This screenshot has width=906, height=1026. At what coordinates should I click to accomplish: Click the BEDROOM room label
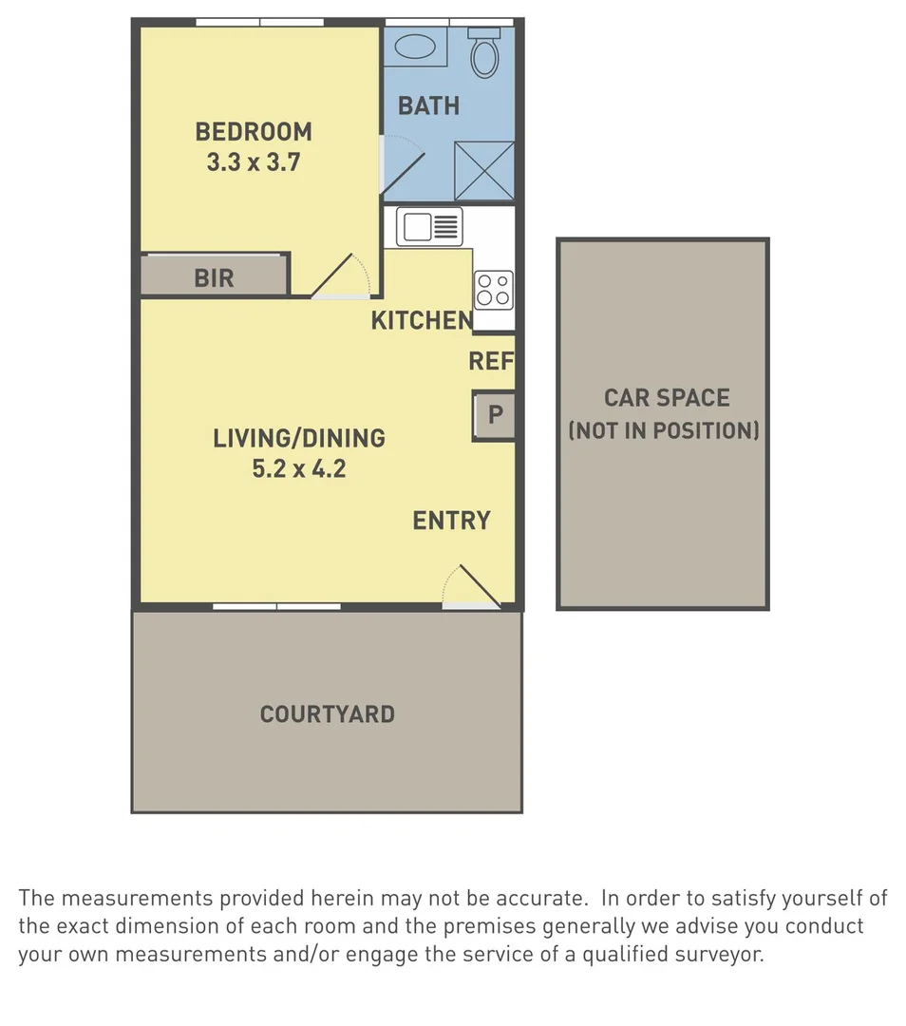[254, 131]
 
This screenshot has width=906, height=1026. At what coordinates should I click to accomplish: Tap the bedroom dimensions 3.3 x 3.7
[254, 162]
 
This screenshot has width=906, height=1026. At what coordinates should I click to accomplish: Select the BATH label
[428, 105]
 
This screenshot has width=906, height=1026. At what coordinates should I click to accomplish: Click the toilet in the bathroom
[484, 54]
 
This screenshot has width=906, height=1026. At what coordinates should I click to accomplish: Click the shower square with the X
[484, 171]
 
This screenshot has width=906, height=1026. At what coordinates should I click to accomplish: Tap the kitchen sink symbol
[428, 227]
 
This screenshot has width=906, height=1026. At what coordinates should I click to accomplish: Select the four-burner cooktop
[494, 289]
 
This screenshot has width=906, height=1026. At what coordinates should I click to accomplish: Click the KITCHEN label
[421, 321]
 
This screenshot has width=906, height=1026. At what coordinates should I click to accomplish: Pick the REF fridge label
[491, 362]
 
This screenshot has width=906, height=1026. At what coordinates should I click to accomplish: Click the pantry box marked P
[495, 415]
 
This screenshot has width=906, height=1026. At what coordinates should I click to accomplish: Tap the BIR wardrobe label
[214, 278]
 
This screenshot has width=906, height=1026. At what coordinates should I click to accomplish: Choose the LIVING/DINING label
[298, 439]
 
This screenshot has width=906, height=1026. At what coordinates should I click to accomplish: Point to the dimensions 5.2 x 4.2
[298, 469]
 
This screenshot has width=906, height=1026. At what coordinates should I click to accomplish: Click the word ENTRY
[451, 521]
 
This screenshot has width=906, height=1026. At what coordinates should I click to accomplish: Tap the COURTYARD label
[327, 714]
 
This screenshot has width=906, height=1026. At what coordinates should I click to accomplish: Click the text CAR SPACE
[667, 398]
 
